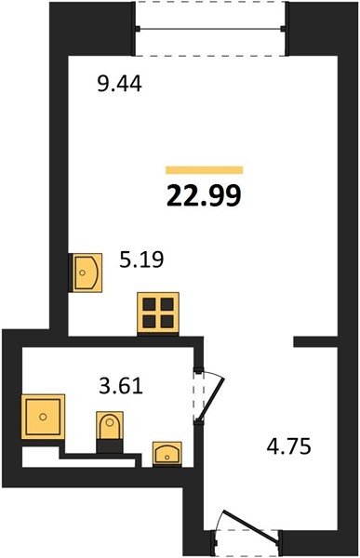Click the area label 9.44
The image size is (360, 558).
point(120,85)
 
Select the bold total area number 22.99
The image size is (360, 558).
point(204,195)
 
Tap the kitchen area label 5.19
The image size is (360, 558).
point(141,259)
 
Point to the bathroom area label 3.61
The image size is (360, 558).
point(121,386)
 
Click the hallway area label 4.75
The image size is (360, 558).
point(288,446)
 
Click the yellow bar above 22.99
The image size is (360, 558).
point(204,170)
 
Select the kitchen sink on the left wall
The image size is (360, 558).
point(87,272)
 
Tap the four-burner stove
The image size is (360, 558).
point(158,313)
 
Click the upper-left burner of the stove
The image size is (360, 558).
point(149,305)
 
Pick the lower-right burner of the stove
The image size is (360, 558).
point(167,322)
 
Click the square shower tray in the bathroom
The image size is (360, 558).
point(43,417)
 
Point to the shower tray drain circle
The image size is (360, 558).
point(43,417)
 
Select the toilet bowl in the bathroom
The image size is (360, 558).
point(110,425)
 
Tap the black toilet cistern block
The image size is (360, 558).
point(110,446)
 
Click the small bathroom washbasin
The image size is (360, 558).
point(167,454)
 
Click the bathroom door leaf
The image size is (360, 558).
point(211,400)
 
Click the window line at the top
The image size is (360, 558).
point(210,29)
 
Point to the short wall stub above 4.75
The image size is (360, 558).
point(315,341)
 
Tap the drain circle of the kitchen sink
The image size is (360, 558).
point(83,272)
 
